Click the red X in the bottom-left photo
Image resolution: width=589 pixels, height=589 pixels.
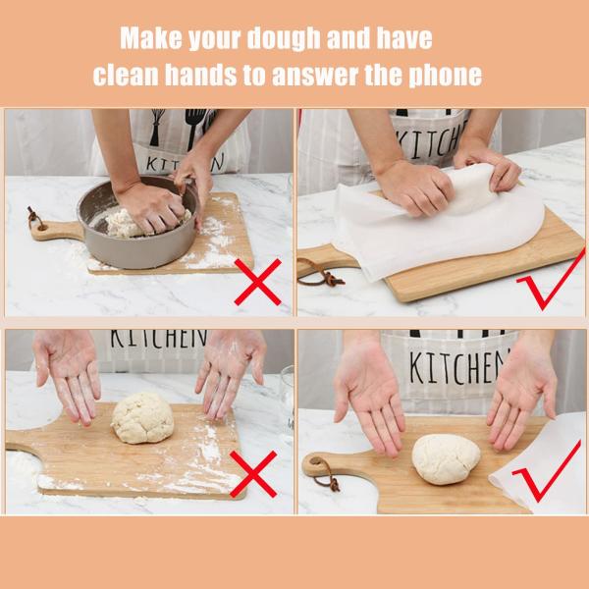(x=252, y=473)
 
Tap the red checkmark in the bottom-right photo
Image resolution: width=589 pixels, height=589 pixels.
(x=547, y=478)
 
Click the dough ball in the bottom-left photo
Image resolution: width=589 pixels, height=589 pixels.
(x=142, y=418)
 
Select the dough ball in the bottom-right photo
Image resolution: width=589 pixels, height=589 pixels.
(x=446, y=458)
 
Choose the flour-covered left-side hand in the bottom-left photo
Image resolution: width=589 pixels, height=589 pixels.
(x=67, y=368)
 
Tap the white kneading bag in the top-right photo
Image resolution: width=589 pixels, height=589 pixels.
(x=442, y=226)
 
